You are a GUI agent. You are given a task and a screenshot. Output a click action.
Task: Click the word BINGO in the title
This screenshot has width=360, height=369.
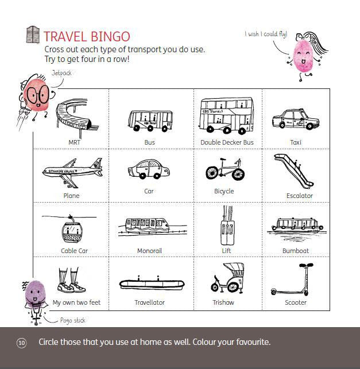coord(110,37)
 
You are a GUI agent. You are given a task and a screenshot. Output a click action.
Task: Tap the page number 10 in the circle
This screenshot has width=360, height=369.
coord(21,343)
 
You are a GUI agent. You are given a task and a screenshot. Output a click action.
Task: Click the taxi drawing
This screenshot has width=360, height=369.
coord(296,119)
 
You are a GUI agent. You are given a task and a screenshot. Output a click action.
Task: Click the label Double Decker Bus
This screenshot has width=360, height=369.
coord(227,142)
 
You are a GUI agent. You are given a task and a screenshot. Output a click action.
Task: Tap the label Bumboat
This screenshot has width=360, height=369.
coord(296,251)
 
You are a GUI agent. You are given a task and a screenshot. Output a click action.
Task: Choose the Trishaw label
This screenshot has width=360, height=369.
coord(223,302)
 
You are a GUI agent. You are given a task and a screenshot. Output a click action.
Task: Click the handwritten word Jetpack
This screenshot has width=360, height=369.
coord(61,73)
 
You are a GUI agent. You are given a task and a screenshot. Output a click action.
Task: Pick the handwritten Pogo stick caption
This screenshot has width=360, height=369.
coord(72,320)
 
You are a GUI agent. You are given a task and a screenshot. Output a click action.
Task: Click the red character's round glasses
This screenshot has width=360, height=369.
coord(38,95)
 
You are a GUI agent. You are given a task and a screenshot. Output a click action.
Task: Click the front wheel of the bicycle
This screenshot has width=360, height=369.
coord(238,174)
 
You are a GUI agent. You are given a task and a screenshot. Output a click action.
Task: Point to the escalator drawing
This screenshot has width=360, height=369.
coord(293,171)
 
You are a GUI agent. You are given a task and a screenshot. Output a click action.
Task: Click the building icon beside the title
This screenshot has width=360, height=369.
coord(33,34)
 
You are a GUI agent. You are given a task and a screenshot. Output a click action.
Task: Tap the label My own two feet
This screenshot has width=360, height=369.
coord(76,302)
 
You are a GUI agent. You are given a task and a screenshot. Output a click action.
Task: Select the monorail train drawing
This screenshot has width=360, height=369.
coord(147,225)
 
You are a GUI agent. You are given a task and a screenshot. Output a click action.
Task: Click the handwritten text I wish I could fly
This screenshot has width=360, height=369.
coord(266,34)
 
